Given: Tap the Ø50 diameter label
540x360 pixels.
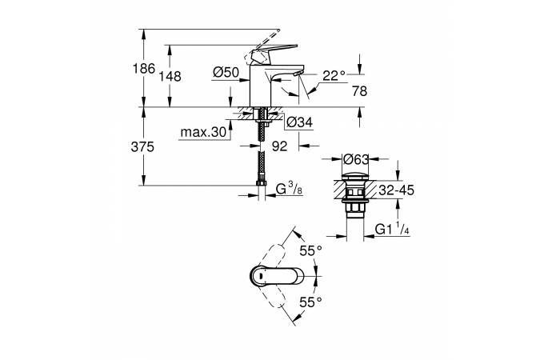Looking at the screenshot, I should pos(226,73).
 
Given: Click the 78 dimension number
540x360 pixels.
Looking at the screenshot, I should pos(360,90).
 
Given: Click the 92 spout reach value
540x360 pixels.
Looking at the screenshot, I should pos(279,146).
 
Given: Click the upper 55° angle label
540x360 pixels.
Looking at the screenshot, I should pos(310,250).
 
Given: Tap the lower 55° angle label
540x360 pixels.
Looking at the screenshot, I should pos(310,302).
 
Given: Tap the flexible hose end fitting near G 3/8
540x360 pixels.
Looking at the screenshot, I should pos(262,191).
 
